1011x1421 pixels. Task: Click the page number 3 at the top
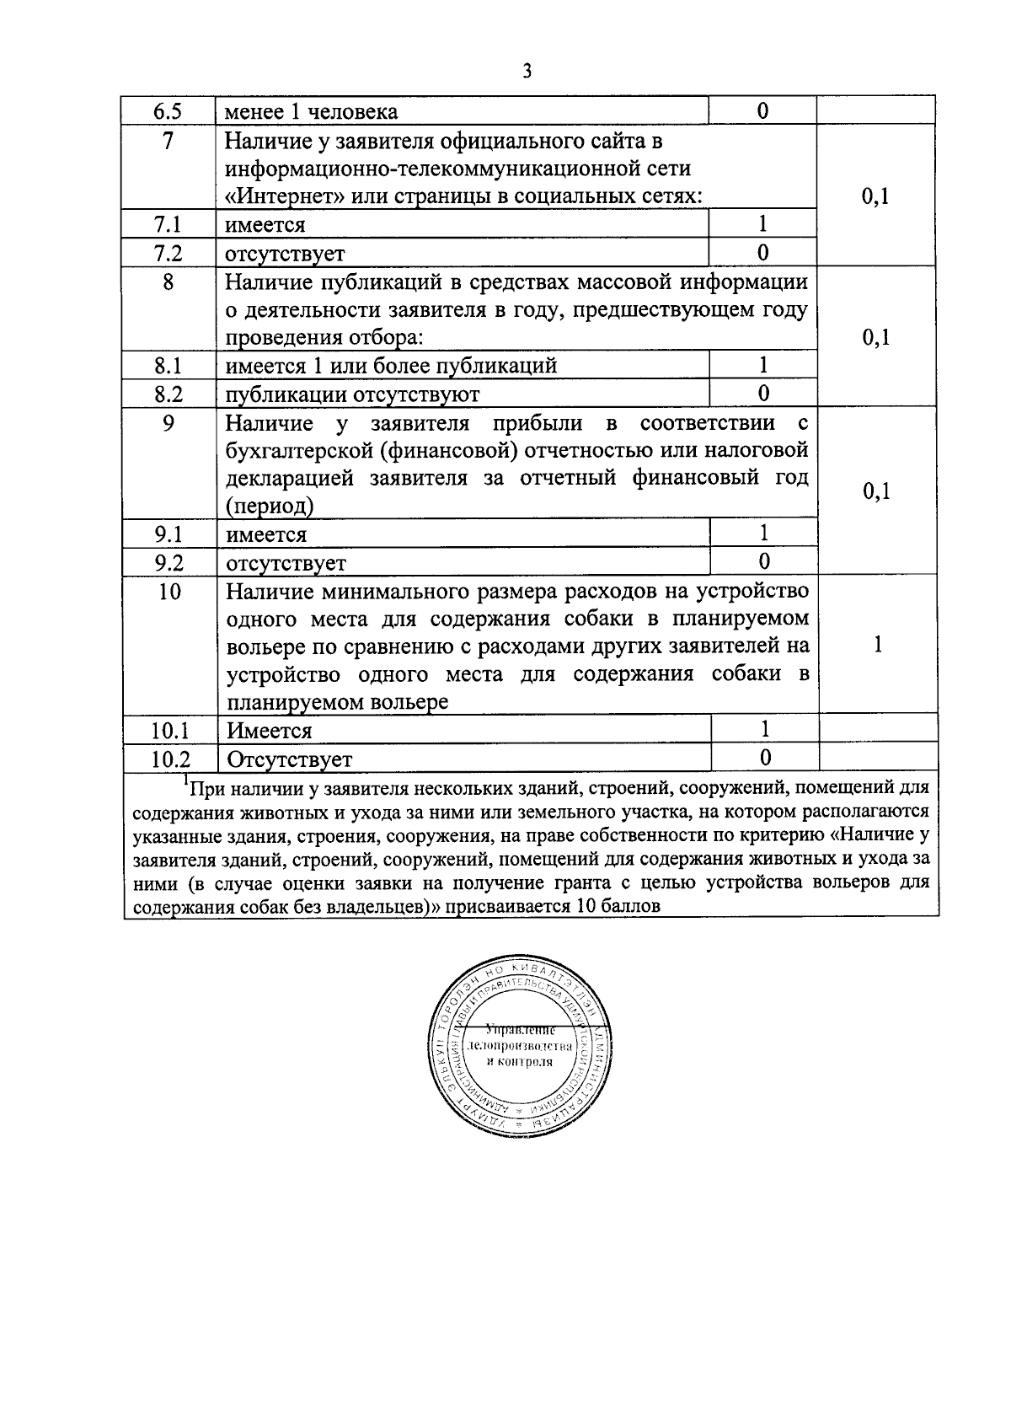click(x=527, y=72)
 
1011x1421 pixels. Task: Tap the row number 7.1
click(x=168, y=225)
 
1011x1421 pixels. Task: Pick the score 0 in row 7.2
click(x=763, y=253)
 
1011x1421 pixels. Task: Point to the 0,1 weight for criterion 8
click(x=877, y=338)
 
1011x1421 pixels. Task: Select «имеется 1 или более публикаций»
click(x=391, y=366)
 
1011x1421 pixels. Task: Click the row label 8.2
click(x=168, y=394)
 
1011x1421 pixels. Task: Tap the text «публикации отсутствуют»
click(x=352, y=394)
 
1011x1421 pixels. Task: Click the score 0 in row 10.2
click(x=765, y=759)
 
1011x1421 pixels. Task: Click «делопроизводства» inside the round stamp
click(x=520, y=1046)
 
